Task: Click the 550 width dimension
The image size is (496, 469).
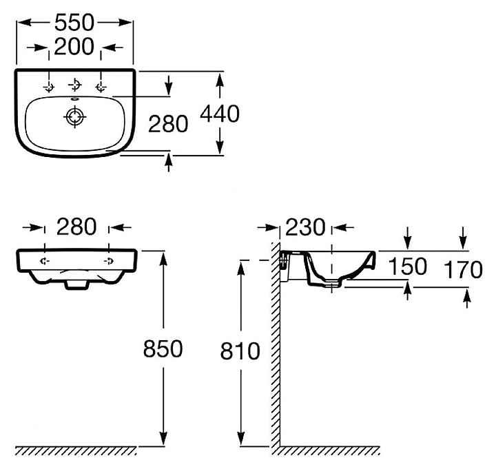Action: (x=74, y=23)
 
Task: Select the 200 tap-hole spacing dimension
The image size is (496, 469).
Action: (x=74, y=47)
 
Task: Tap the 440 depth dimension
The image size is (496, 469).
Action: (x=220, y=114)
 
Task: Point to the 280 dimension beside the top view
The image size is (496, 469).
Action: (x=168, y=124)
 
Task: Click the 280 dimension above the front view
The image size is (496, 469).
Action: (x=76, y=227)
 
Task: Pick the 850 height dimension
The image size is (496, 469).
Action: (x=163, y=348)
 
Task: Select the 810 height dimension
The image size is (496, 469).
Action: (x=240, y=351)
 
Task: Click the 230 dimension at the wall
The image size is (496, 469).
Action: (x=305, y=227)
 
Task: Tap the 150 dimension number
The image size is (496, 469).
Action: (x=407, y=267)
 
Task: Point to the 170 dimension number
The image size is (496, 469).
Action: (x=463, y=269)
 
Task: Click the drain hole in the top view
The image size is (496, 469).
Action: (x=75, y=116)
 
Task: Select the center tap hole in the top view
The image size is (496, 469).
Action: (x=75, y=85)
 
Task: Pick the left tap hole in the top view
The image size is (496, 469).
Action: (x=49, y=86)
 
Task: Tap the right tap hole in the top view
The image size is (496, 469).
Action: (x=101, y=86)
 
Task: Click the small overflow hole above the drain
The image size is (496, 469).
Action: (x=74, y=98)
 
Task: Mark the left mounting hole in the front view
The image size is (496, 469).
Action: (x=44, y=261)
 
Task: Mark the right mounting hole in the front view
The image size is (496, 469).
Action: (x=109, y=261)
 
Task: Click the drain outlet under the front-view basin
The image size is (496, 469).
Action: (x=76, y=284)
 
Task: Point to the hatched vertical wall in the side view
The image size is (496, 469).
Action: (x=276, y=345)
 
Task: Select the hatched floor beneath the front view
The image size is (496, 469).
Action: (x=76, y=451)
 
